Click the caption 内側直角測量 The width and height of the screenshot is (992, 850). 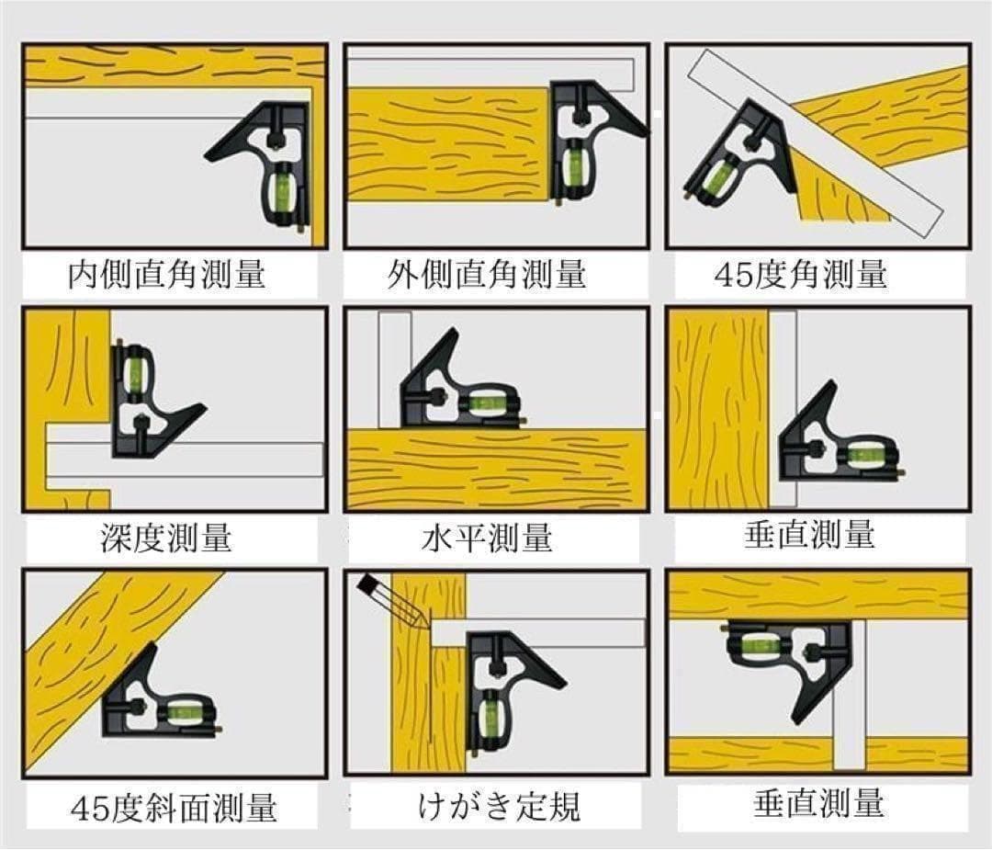point(166,275)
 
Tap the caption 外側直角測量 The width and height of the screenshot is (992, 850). point(487,275)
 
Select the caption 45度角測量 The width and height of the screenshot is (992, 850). point(801,275)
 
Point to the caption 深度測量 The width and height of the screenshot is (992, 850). point(165,538)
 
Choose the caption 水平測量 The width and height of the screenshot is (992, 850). point(487,538)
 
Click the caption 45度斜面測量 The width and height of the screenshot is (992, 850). point(174,807)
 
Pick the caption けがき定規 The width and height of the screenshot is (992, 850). point(499,806)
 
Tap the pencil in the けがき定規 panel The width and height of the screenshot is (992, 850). point(393,602)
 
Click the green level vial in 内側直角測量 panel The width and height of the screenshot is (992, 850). point(284,188)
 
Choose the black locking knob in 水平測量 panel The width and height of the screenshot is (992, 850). point(435,398)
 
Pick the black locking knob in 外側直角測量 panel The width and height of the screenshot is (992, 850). point(579,114)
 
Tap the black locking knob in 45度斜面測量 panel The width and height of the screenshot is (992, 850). point(135,706)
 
